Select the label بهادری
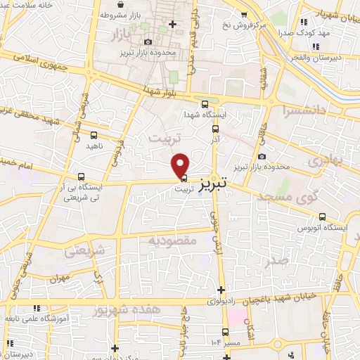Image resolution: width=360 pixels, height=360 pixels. tap(325, 160)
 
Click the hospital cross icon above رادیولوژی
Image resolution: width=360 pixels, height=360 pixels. tap(221, 290)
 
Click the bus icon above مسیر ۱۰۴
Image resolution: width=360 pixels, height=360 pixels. tap(225, 332)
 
